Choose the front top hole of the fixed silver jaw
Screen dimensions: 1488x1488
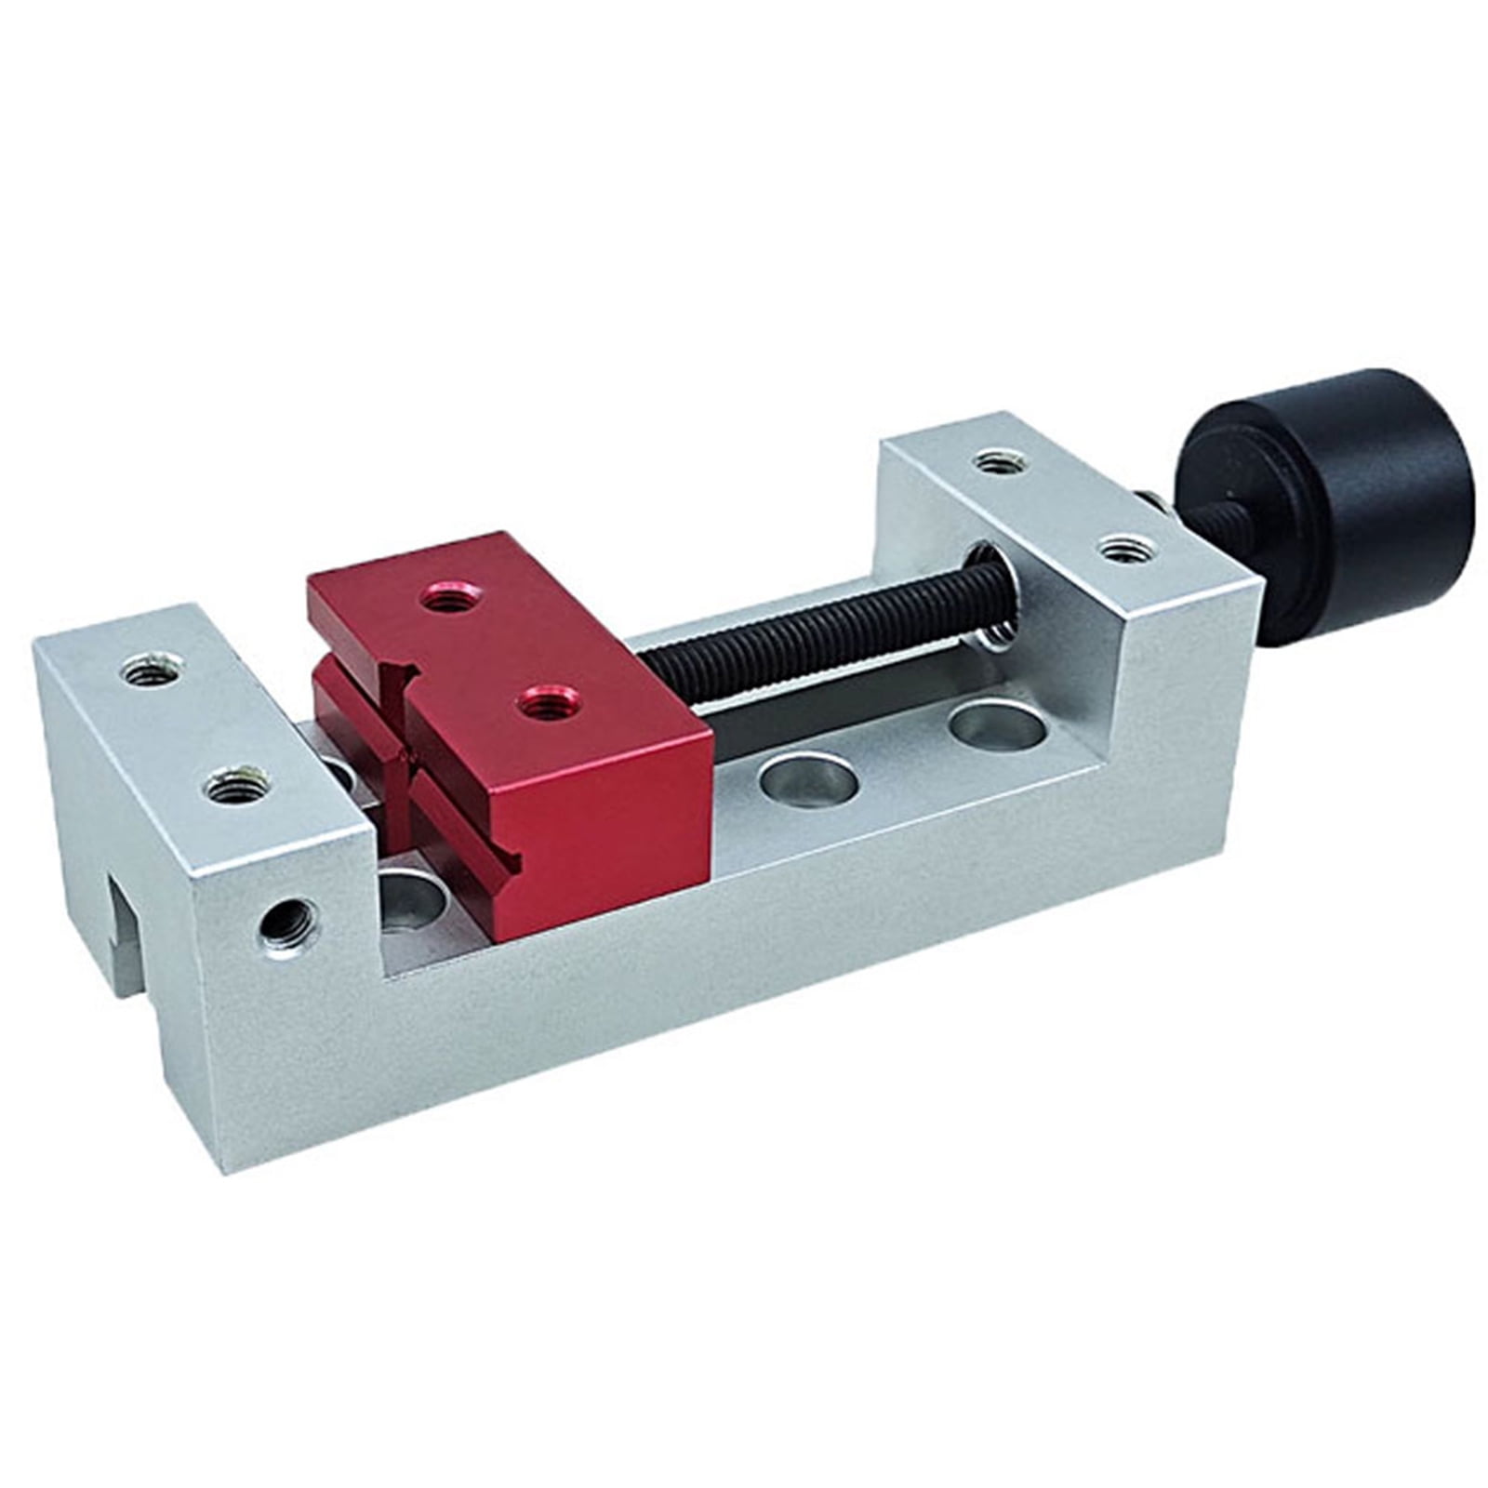pos(235,789)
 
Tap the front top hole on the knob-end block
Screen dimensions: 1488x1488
pos(1123,550)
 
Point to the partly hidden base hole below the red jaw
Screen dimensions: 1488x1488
pos(414,897)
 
